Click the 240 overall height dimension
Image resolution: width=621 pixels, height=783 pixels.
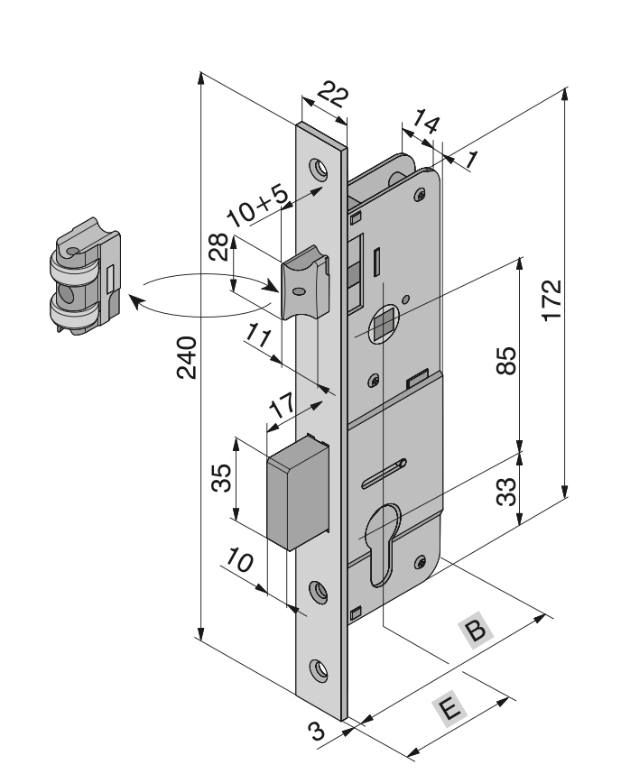(x=187, y=357)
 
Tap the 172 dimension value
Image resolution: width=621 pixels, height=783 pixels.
(x=552, y=300)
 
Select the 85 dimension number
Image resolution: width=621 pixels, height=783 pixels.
(x=506, y=361)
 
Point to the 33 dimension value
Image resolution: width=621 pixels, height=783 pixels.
(x=506, y=492)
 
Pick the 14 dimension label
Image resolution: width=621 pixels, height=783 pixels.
(x=426, y=123)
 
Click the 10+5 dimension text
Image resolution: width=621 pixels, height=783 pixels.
(x=257, y=206)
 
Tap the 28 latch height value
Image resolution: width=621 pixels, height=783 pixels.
(x=218, y=246)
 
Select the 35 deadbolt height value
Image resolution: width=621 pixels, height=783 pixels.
(x=221, y=478)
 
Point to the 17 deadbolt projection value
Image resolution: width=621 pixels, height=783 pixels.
(x=283, y=406)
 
